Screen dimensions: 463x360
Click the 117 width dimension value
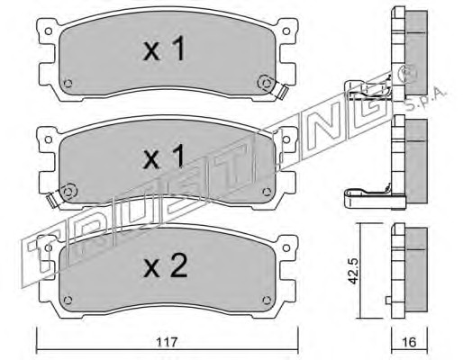(x=168, y=341)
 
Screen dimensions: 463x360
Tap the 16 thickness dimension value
(x=410, y=342)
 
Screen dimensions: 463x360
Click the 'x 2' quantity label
(x=166, y=265)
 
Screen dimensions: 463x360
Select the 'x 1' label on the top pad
(x=164, y=49)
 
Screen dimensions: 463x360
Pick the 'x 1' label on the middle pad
(x=164, y=156)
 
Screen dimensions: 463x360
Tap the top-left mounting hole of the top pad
(x=48, y=31)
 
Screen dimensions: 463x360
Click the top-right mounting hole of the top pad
(x=286, y=31)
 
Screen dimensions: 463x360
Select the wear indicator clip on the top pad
(x=282, y=91)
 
